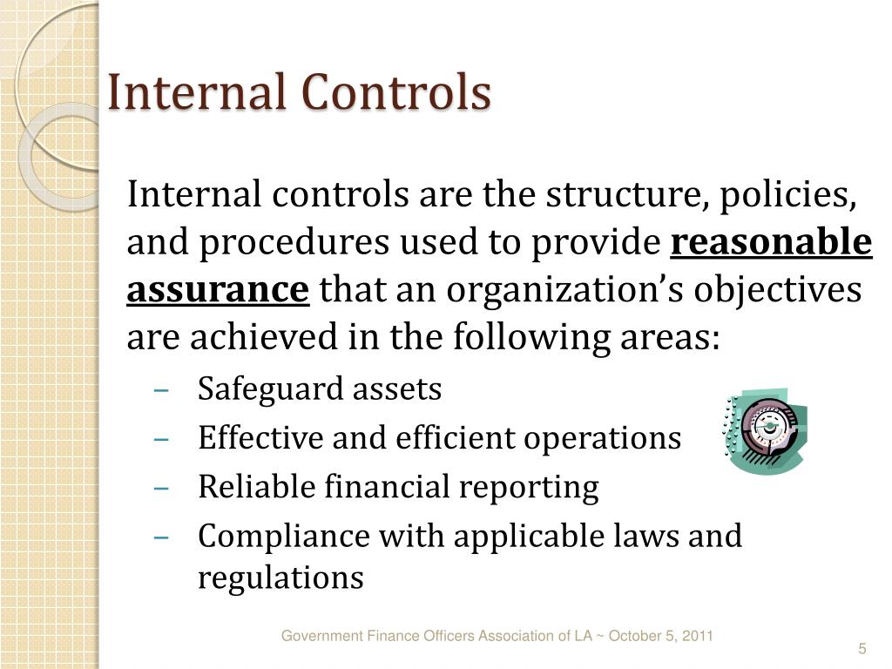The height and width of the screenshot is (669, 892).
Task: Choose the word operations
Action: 602,437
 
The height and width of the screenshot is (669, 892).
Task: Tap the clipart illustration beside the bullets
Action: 765,432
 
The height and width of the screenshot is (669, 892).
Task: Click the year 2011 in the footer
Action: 696,636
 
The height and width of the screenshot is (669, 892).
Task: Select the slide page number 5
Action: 862,650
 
